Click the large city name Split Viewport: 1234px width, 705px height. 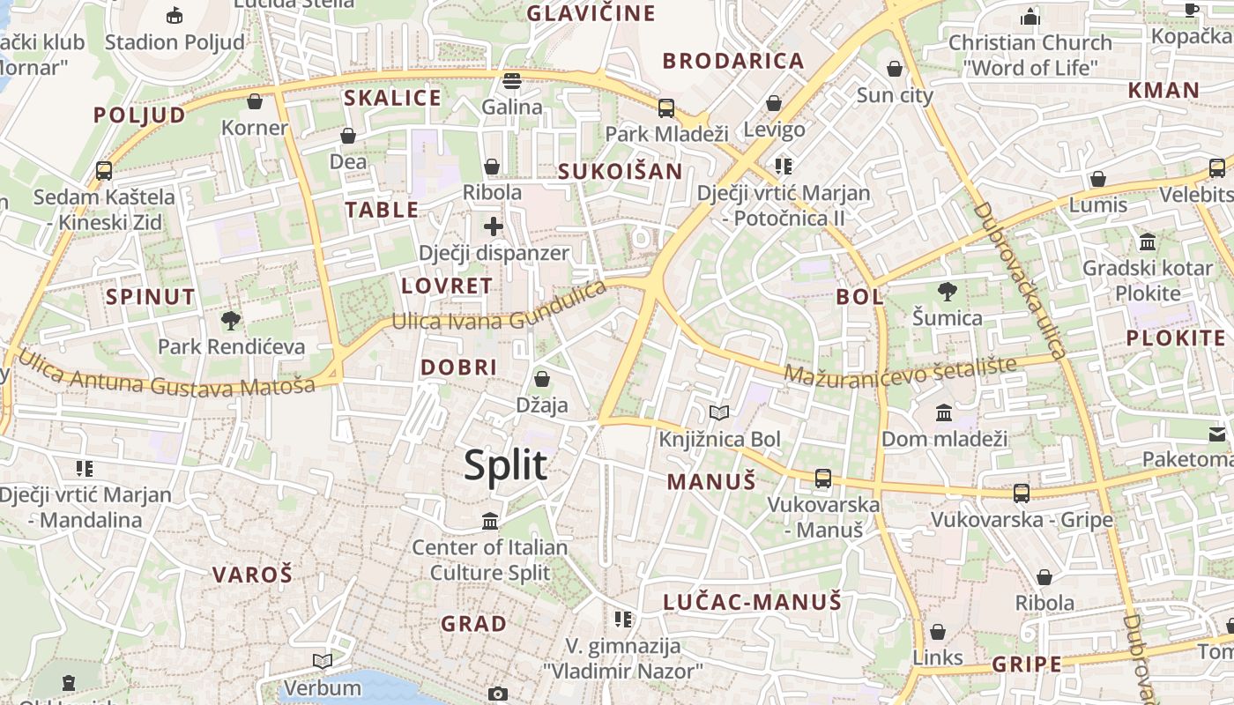(506, 465)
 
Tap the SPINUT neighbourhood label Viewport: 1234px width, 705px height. (151, 297)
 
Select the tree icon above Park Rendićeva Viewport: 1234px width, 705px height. (231, 320)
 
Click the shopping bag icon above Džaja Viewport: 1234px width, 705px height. (542, 379)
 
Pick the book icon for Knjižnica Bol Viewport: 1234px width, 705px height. (719, 412)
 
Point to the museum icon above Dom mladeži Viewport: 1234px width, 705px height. (944, 412)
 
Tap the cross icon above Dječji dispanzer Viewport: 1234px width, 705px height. (494, 226)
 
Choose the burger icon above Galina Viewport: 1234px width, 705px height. (512, 81)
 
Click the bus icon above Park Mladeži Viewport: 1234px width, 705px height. (666, 108)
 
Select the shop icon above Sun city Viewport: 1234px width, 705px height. (895, 69)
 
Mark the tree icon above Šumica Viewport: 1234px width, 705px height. (948, 291)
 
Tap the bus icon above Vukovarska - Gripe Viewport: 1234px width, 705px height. (1022, 493)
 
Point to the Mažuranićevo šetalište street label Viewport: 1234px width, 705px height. (900, 370)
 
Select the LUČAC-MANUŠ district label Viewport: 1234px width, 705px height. (753, 603)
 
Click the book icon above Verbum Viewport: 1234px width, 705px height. (323, 661)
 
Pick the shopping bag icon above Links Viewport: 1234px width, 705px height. (938, 632)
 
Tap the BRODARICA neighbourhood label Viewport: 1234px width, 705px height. (733, 62)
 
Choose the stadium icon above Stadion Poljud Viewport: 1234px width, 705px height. (175, 15)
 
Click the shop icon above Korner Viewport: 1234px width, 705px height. (255, 101)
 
